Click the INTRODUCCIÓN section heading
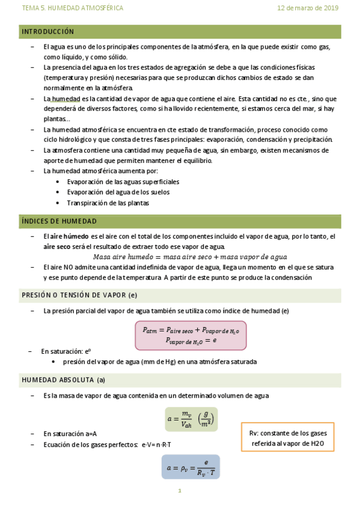tap(48, 32)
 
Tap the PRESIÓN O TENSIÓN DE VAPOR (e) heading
tap(79, 295)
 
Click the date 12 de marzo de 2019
tap(308, 8)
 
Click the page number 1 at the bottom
tap(179, 491)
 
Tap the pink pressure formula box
tap(190, 335)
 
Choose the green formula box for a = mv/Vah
tap(191, 419)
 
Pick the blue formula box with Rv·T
tap(191, 467)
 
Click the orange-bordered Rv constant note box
tap(288, 438)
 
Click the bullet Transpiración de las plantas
tap(108, 203)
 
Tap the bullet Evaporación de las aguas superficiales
tap(123, 182)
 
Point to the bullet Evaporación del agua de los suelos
tap(118, 192)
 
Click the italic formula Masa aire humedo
tap(191, 257)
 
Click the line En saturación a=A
tap(70, 434)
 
